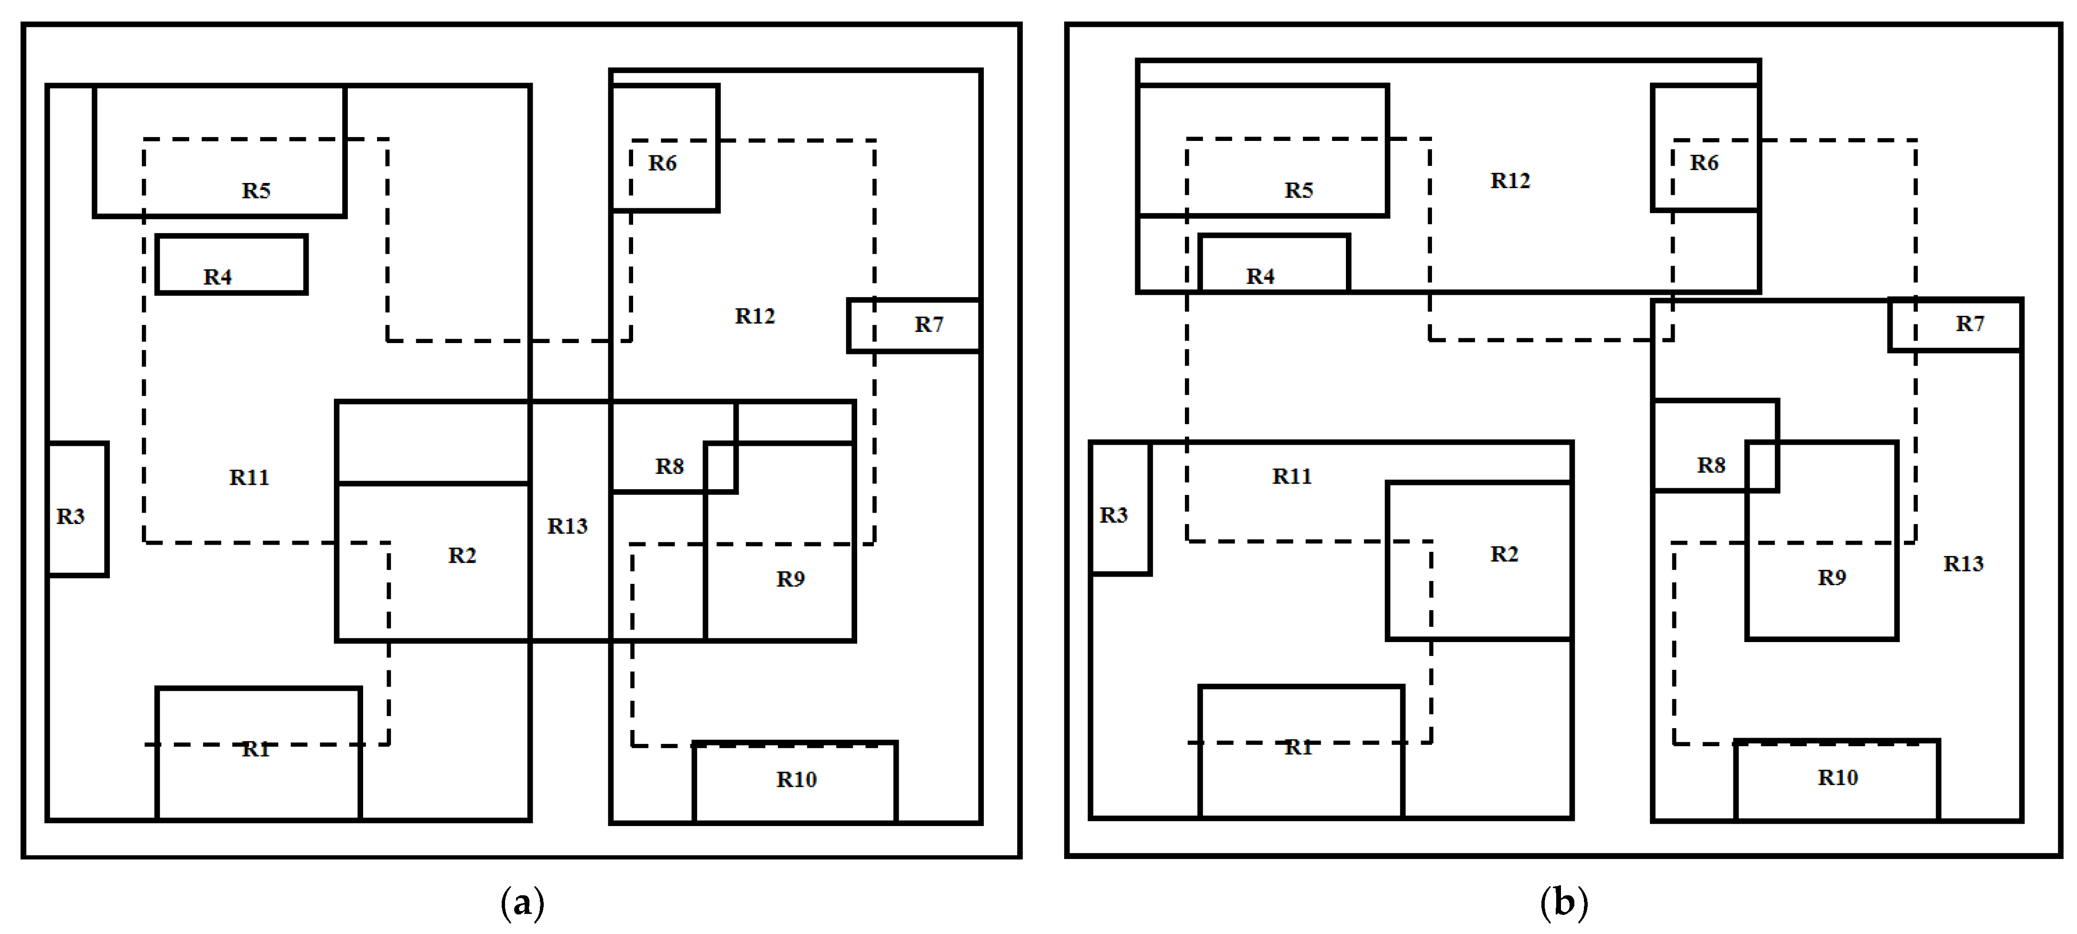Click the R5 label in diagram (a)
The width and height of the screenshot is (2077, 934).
point(256,191)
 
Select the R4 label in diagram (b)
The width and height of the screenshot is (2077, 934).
point(1260,277)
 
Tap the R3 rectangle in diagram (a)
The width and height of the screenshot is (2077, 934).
point(77,509)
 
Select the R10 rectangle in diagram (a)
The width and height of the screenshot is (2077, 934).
point(795,782)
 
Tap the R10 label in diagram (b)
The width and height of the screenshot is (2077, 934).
point(1838,778)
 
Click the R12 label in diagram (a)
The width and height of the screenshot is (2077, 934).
point(755,316)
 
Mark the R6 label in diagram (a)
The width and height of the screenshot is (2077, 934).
point(662,163)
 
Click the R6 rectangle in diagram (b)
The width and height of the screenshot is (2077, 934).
point(1704,148)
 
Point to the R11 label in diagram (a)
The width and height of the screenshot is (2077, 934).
point(249,478)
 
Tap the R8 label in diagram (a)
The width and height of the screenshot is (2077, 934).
point(669,467)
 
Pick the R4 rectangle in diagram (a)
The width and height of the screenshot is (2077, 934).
point(231,264)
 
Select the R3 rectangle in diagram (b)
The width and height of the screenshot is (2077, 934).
point(1120,508)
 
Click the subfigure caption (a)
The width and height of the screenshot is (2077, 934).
point(523,902)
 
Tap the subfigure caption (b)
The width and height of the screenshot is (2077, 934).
point(1564,902)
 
